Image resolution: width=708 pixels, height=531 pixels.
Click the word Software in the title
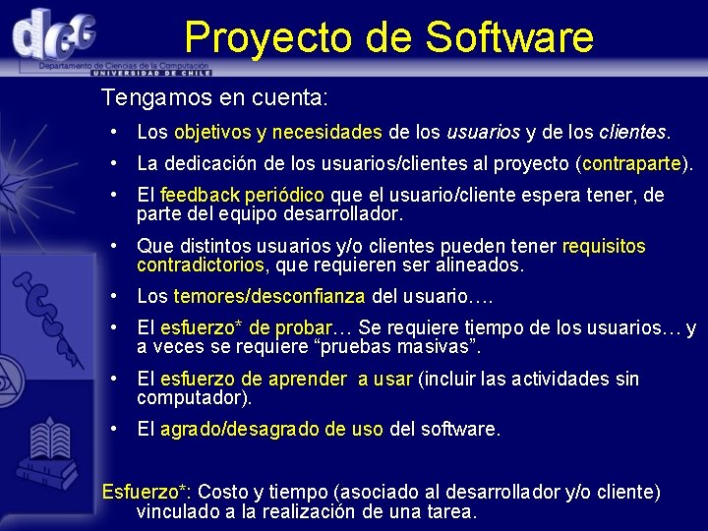point(509,37)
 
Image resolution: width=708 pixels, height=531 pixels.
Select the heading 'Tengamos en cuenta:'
point(214,98)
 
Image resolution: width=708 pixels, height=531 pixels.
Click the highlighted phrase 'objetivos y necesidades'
point(278,132)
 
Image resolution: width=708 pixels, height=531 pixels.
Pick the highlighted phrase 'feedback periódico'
point(242,195)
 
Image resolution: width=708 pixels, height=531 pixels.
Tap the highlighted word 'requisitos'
point(604,246)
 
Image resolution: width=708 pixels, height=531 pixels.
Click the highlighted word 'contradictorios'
point(201,265)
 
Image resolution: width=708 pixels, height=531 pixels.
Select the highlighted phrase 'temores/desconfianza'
point(268,296)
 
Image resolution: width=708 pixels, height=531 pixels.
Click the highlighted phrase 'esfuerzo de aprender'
point(253,379)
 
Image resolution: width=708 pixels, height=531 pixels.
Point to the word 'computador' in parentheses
point(193,397)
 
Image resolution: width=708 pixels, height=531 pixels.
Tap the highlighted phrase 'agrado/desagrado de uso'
point(271,430)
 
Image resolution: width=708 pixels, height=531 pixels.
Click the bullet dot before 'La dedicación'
point(116,163)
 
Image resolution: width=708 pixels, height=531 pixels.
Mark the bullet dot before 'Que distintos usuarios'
point(116,246)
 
